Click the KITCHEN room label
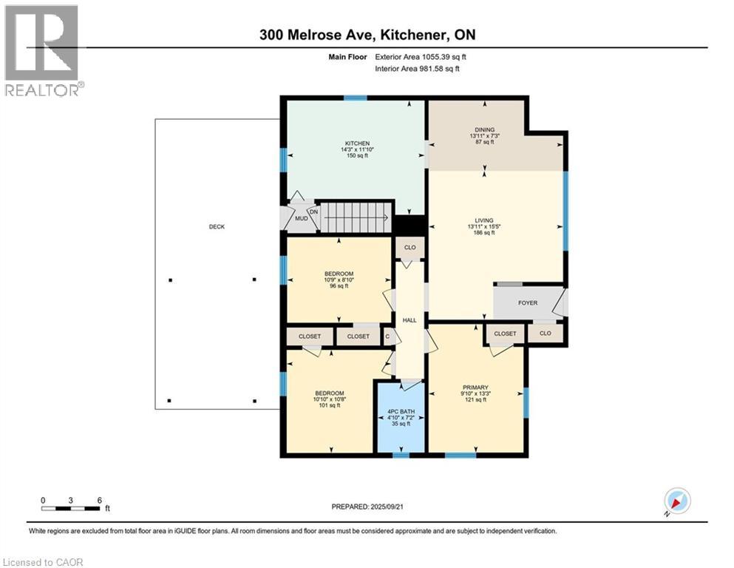pos(356,143)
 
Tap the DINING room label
pos(485,129)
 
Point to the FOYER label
pos(528,302)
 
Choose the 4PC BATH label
pos(401,411)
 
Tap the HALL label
pos(410,320)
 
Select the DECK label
pos(217,227)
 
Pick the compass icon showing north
pos(677,501)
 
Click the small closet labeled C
pos(388,337)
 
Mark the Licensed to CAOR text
pos(44,562)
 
